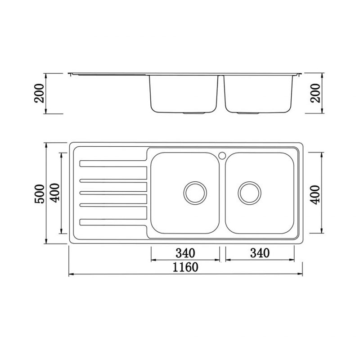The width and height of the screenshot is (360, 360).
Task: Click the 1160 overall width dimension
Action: pyautogui.click(x=184, y=267)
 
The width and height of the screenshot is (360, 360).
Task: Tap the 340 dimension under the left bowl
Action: pyautogui.click(x=184, y=253)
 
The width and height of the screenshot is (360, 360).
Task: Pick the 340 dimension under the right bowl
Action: pyautogui.click(x=260, y=253)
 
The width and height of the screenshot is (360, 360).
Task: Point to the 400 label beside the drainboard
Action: pyautogui.click(x=55, y=193)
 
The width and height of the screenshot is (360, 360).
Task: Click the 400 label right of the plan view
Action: pyautogui.click(x=316, y=193)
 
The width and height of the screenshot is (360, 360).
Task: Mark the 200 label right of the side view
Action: pyautogui.click(x=316, y=93)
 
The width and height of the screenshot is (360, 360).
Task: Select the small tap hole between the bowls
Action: pyautogui.click(x=222, y=155)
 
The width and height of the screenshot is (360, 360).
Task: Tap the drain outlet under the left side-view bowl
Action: pyautogui.click(x=195, y=112)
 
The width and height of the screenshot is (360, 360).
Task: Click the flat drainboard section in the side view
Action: pyautogui.click(x=108, y=73)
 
